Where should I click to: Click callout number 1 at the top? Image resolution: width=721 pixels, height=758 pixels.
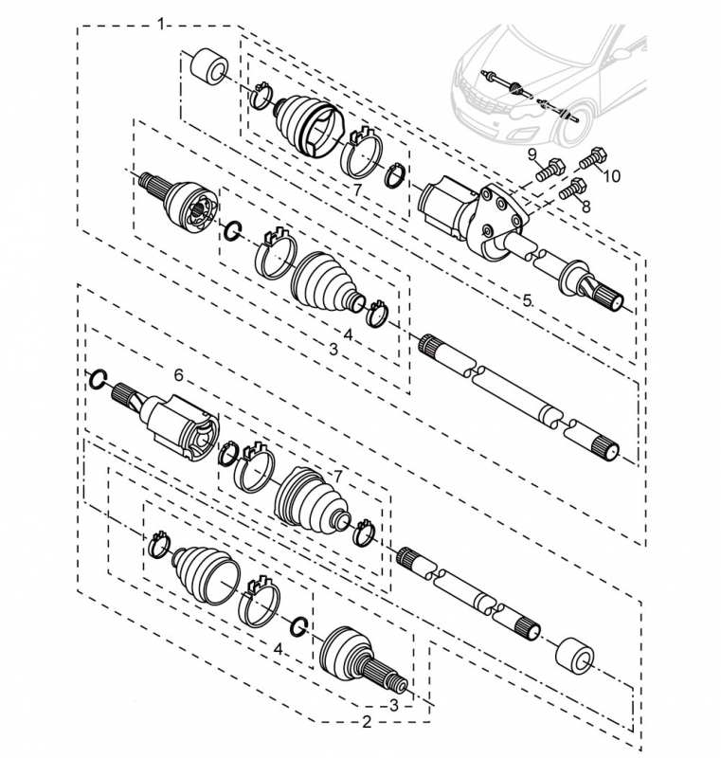coord(161,24)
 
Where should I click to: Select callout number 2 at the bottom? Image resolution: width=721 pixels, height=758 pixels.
coord(367,722)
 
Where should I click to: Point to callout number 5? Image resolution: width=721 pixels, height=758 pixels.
coord(527,300)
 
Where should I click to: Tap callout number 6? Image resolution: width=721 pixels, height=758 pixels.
coord(179,374)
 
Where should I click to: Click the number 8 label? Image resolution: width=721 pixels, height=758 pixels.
coord(586,207)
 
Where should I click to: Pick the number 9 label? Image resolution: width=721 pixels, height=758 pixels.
coord(532,154)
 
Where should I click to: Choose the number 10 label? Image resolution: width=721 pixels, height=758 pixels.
coord(611,176)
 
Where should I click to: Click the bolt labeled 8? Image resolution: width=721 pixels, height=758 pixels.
coord(573,188)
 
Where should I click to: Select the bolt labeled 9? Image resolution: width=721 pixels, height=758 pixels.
coord(550,170)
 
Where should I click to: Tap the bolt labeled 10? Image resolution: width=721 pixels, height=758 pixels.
coord(593,158)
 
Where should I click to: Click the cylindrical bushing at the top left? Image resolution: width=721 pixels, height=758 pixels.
coord(209,65)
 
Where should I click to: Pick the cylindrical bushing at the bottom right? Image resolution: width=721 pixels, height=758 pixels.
coord(575,656)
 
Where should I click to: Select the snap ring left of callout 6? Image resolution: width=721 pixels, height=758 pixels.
coord(98,380)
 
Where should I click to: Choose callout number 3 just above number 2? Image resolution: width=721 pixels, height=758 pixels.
coord(394,705)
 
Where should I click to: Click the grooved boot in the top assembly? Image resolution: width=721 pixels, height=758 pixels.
coord(309,126)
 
